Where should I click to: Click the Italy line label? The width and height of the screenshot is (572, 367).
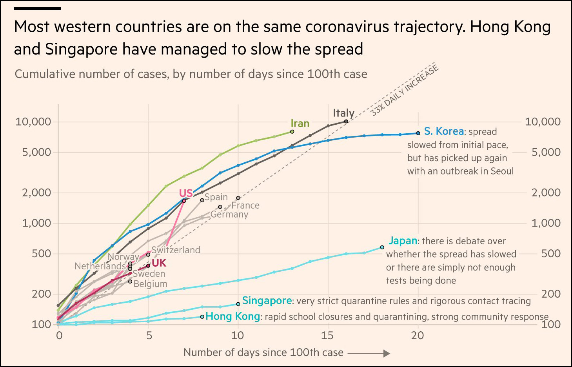[343, 113]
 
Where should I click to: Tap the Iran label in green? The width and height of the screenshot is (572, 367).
[300, 124]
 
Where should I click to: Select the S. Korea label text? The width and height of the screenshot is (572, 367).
[444, 131]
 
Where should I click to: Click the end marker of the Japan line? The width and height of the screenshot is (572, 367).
[382, 247]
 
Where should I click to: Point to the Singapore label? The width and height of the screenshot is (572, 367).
[267, 301]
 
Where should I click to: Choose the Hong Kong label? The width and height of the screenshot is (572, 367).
[232, 316]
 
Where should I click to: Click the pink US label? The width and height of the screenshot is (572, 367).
[186, 193]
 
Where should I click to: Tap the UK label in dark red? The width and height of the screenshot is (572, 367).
[159, 263]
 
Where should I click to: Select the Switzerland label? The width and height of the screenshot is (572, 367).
[176, 250]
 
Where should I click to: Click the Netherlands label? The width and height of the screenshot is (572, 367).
[100, 266]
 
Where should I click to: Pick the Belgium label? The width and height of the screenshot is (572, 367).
[150, 283]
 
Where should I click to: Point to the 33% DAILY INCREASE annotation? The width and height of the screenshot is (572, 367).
[404, 91]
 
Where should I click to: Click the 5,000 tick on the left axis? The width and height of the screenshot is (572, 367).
[36, 152]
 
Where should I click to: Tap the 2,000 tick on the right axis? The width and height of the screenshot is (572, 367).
[546, 193]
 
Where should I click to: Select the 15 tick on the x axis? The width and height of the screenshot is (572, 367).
[327, 335]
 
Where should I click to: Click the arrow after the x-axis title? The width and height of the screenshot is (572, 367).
[369, 353]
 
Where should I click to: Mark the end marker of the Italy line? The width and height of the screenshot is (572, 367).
[346, 122]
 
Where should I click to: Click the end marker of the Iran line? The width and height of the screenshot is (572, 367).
[292, 132]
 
